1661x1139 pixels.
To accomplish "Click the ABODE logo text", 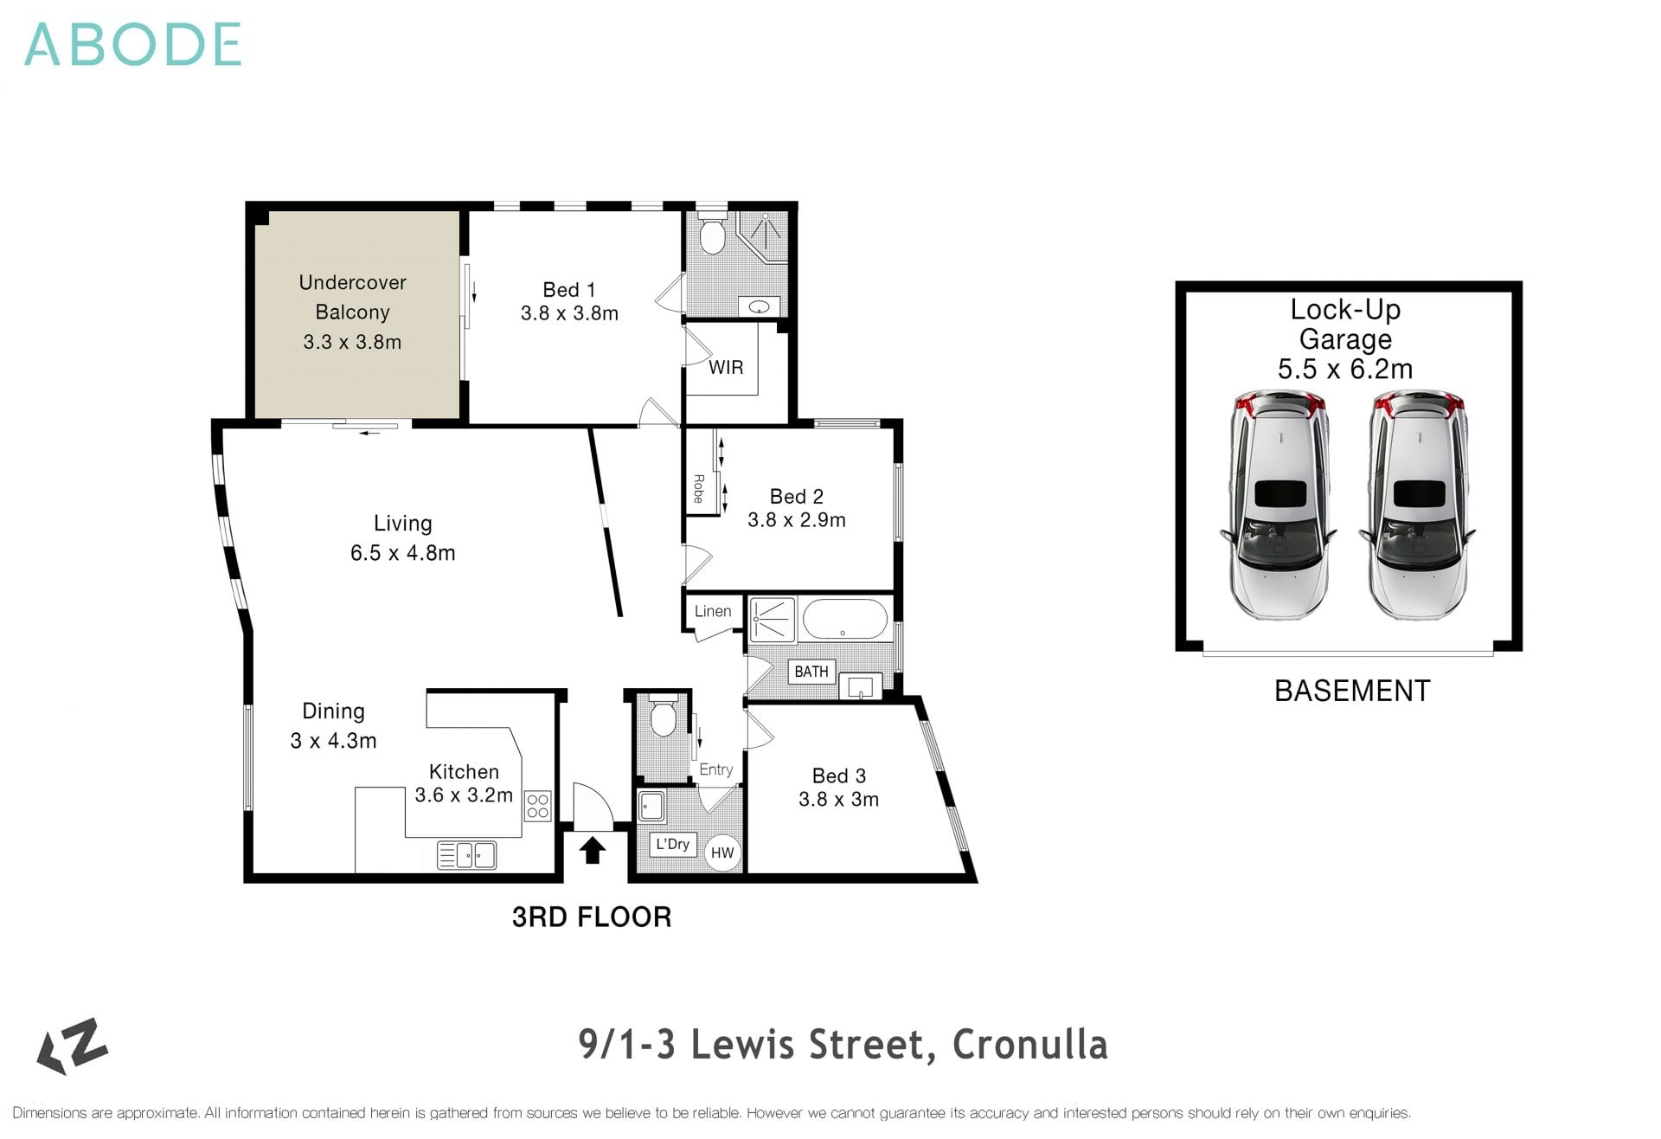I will tap(132, 45).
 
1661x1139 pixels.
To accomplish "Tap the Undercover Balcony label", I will tap(352, 297).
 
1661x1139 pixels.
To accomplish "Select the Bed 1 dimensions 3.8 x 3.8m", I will tap(569, 313).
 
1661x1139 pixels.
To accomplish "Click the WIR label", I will tap(726, 368).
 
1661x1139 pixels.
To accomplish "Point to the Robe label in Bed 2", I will tap(698, 488).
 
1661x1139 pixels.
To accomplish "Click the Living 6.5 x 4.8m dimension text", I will tap(402, 553).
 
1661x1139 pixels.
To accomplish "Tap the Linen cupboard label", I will tap(713, 611).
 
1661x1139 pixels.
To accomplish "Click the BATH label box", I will tap(811, 672).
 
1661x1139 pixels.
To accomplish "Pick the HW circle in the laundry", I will tap(722, 853).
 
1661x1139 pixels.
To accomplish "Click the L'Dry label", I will tap(672, 844).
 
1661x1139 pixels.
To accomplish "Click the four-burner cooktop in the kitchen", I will tap(537, 807).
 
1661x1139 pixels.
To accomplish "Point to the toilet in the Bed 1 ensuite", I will tap(712, 235).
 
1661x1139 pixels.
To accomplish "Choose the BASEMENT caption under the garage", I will tap(1352, 691).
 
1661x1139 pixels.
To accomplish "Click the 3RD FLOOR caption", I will tap(592, 917).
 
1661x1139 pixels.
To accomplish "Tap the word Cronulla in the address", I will tap(1029, 1045).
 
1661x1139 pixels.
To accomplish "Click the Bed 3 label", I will tap(838, 776).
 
